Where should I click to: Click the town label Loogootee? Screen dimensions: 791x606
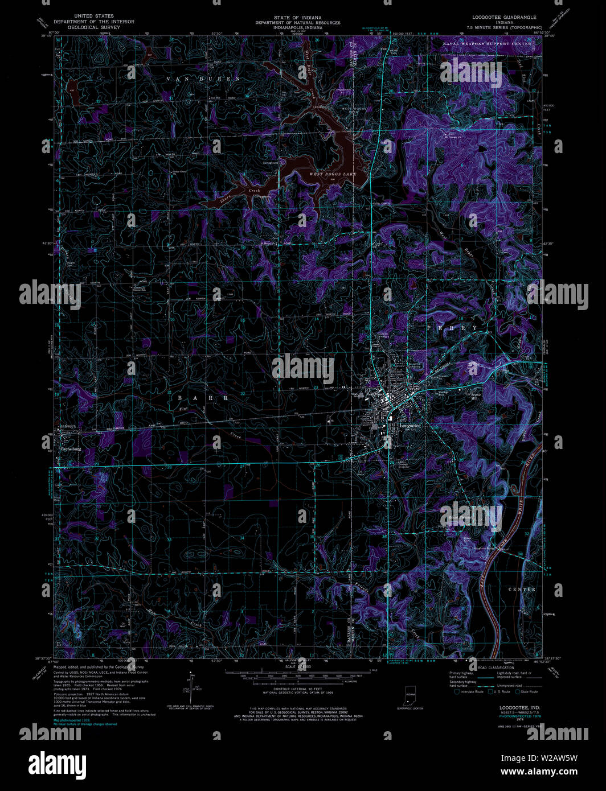[x=410, y=425]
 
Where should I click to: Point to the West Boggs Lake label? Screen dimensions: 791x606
[x=332, y=174]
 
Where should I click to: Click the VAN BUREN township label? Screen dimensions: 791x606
[x=203, y=79]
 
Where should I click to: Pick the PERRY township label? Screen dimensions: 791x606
[x=453, y=328]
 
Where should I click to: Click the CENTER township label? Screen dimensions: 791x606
[x=522, y=590]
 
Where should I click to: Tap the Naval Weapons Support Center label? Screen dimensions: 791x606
[x=489, y=43]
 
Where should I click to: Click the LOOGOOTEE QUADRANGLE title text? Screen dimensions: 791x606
[x=504, y=17]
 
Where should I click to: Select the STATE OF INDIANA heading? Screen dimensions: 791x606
[x=297, y=18]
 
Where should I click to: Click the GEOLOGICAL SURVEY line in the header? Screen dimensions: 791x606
[x=94, y=27]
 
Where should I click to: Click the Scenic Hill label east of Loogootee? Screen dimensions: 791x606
[x=476, y=395]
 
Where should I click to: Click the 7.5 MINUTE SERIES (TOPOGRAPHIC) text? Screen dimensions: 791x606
[x=504, y=27]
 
